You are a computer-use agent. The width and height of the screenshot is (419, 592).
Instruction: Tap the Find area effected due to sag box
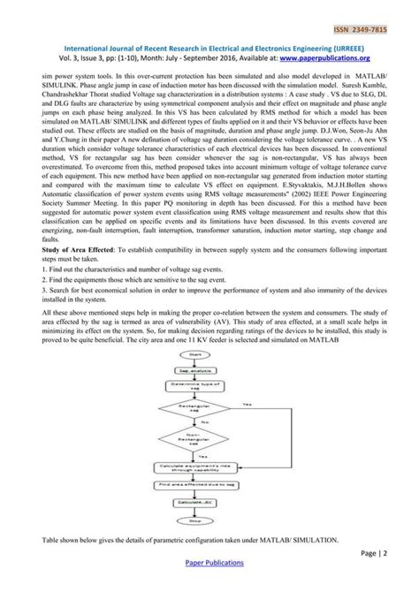[x=206, y=484]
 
